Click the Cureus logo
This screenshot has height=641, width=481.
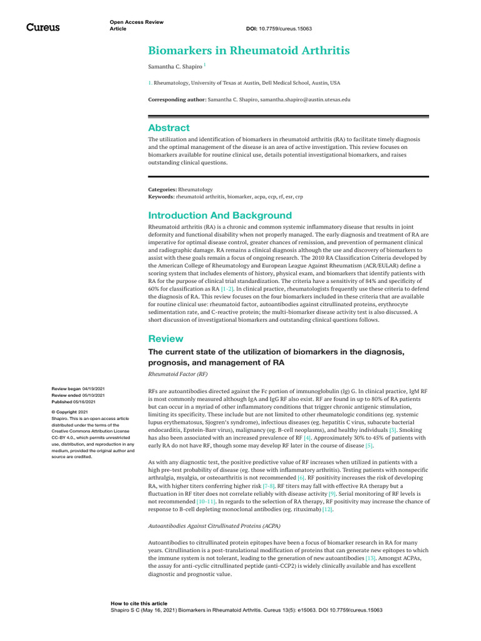coord(43,27)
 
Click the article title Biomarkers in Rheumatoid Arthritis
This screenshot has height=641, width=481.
coord(249,50)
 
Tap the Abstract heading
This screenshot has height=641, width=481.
coord(168,128)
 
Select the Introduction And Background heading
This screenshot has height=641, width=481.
coord(219,215)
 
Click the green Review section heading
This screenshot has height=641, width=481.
coord(165,339)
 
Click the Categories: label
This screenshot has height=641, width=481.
coord(162,189)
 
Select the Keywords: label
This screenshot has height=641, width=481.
coord(162,197)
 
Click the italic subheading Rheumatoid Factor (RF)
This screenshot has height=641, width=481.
coord(177,374)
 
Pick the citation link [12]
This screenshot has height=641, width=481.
coord(327,510)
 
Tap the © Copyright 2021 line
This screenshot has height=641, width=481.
coord(70,412)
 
